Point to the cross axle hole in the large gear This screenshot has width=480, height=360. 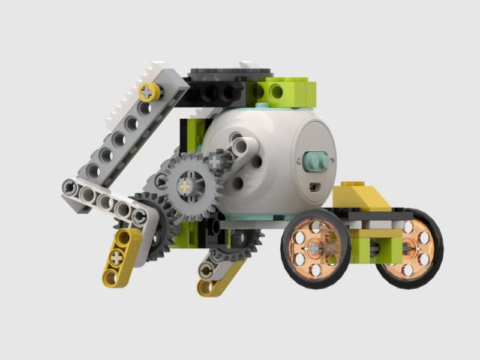[187, 187]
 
